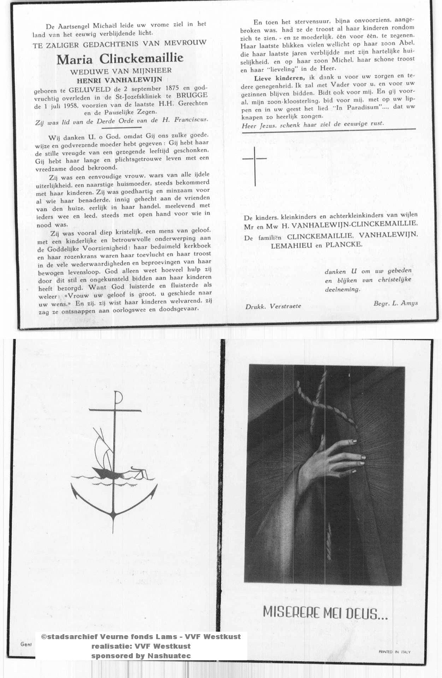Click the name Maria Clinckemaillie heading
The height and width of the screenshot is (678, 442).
pos(120,59)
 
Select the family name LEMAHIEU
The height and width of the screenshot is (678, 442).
pos(292,245)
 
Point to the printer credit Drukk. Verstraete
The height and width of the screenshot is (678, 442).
pos(273,306)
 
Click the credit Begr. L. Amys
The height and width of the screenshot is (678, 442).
pos(395,303)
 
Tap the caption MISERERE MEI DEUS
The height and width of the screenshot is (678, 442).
pos(325,613)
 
